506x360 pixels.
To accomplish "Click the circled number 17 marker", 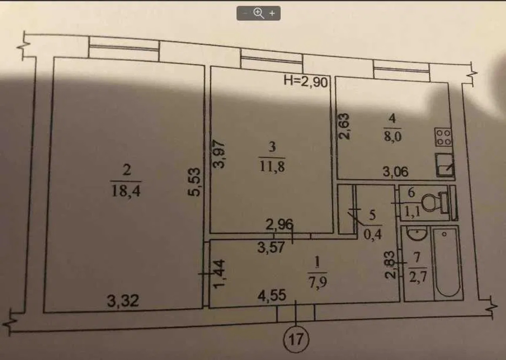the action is click(x=296, y=339).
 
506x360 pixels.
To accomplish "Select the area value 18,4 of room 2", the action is click(x=126, y=190).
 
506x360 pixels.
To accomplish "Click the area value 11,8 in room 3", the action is click(x=272, y=166).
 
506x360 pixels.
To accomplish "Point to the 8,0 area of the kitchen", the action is click(x=393, y=137).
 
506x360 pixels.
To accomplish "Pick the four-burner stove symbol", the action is click(x=443, y=137).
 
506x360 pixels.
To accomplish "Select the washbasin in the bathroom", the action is click(x=417, y=233).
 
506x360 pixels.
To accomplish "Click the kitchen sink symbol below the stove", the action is click(x=444, y=165).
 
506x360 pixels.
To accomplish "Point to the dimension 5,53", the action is click(x=194, y=181).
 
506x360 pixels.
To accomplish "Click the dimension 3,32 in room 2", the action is click(x=123, y=301).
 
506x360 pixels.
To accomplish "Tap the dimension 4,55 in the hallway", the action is click(x=272, y=295).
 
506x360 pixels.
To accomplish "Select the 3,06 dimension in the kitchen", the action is click(x=396, y=172).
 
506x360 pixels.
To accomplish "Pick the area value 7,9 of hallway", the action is click(x=318, y=282).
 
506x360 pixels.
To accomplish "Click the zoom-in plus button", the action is click(x=272, y=14).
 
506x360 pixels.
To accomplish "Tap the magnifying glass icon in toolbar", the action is click(x=258, y=13).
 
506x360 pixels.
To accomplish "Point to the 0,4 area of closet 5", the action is click(x=372, y=235).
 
